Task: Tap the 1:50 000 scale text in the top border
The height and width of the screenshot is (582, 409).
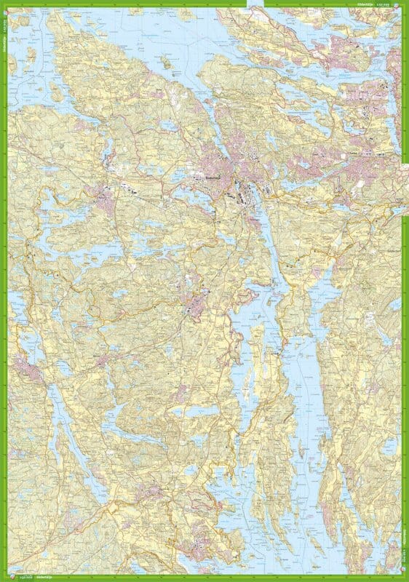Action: click(x=389, y=4)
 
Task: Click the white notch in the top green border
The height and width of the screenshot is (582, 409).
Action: click(x=255, y=3)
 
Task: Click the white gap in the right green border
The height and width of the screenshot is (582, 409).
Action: click(x=405, y=182)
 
